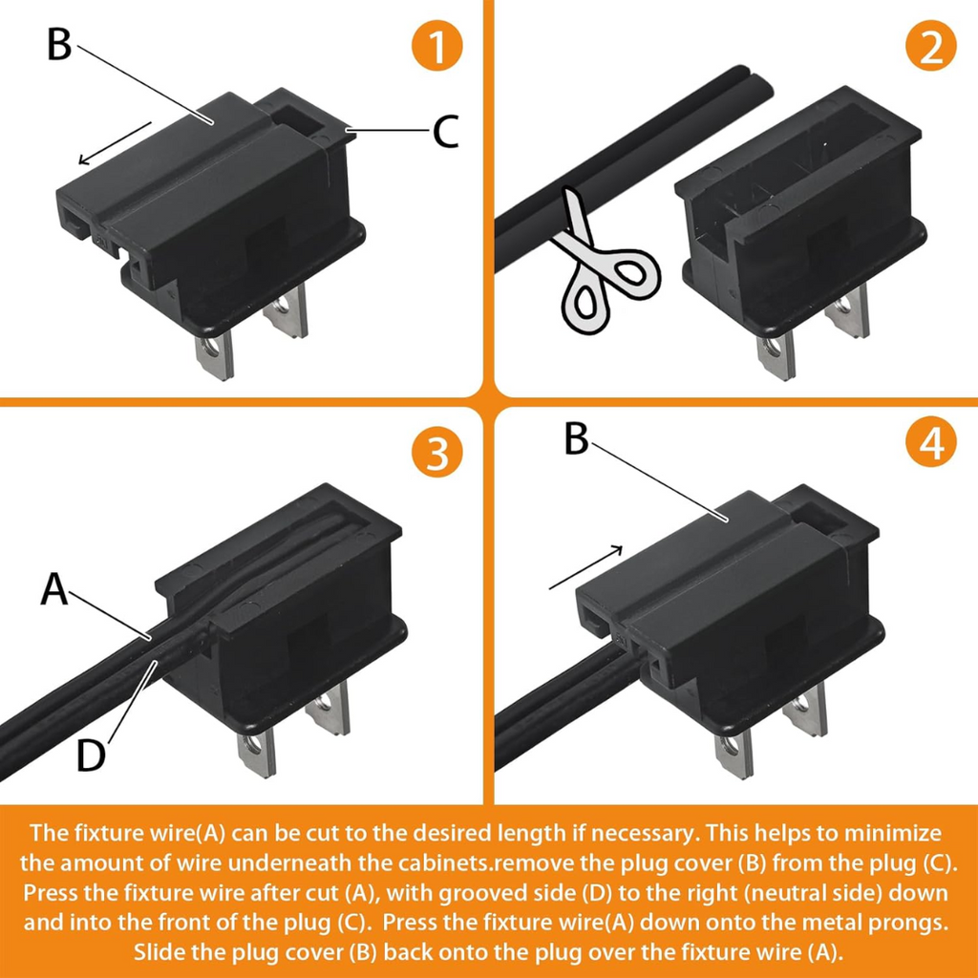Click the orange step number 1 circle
436,46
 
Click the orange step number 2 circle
930,46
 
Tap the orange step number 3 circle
436,452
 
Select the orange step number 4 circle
930,443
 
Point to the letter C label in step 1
445,132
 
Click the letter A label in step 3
54,588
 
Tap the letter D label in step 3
91,755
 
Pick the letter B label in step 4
576,438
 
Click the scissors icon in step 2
602,262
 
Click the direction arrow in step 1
115,143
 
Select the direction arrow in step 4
585,567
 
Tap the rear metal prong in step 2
847,310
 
